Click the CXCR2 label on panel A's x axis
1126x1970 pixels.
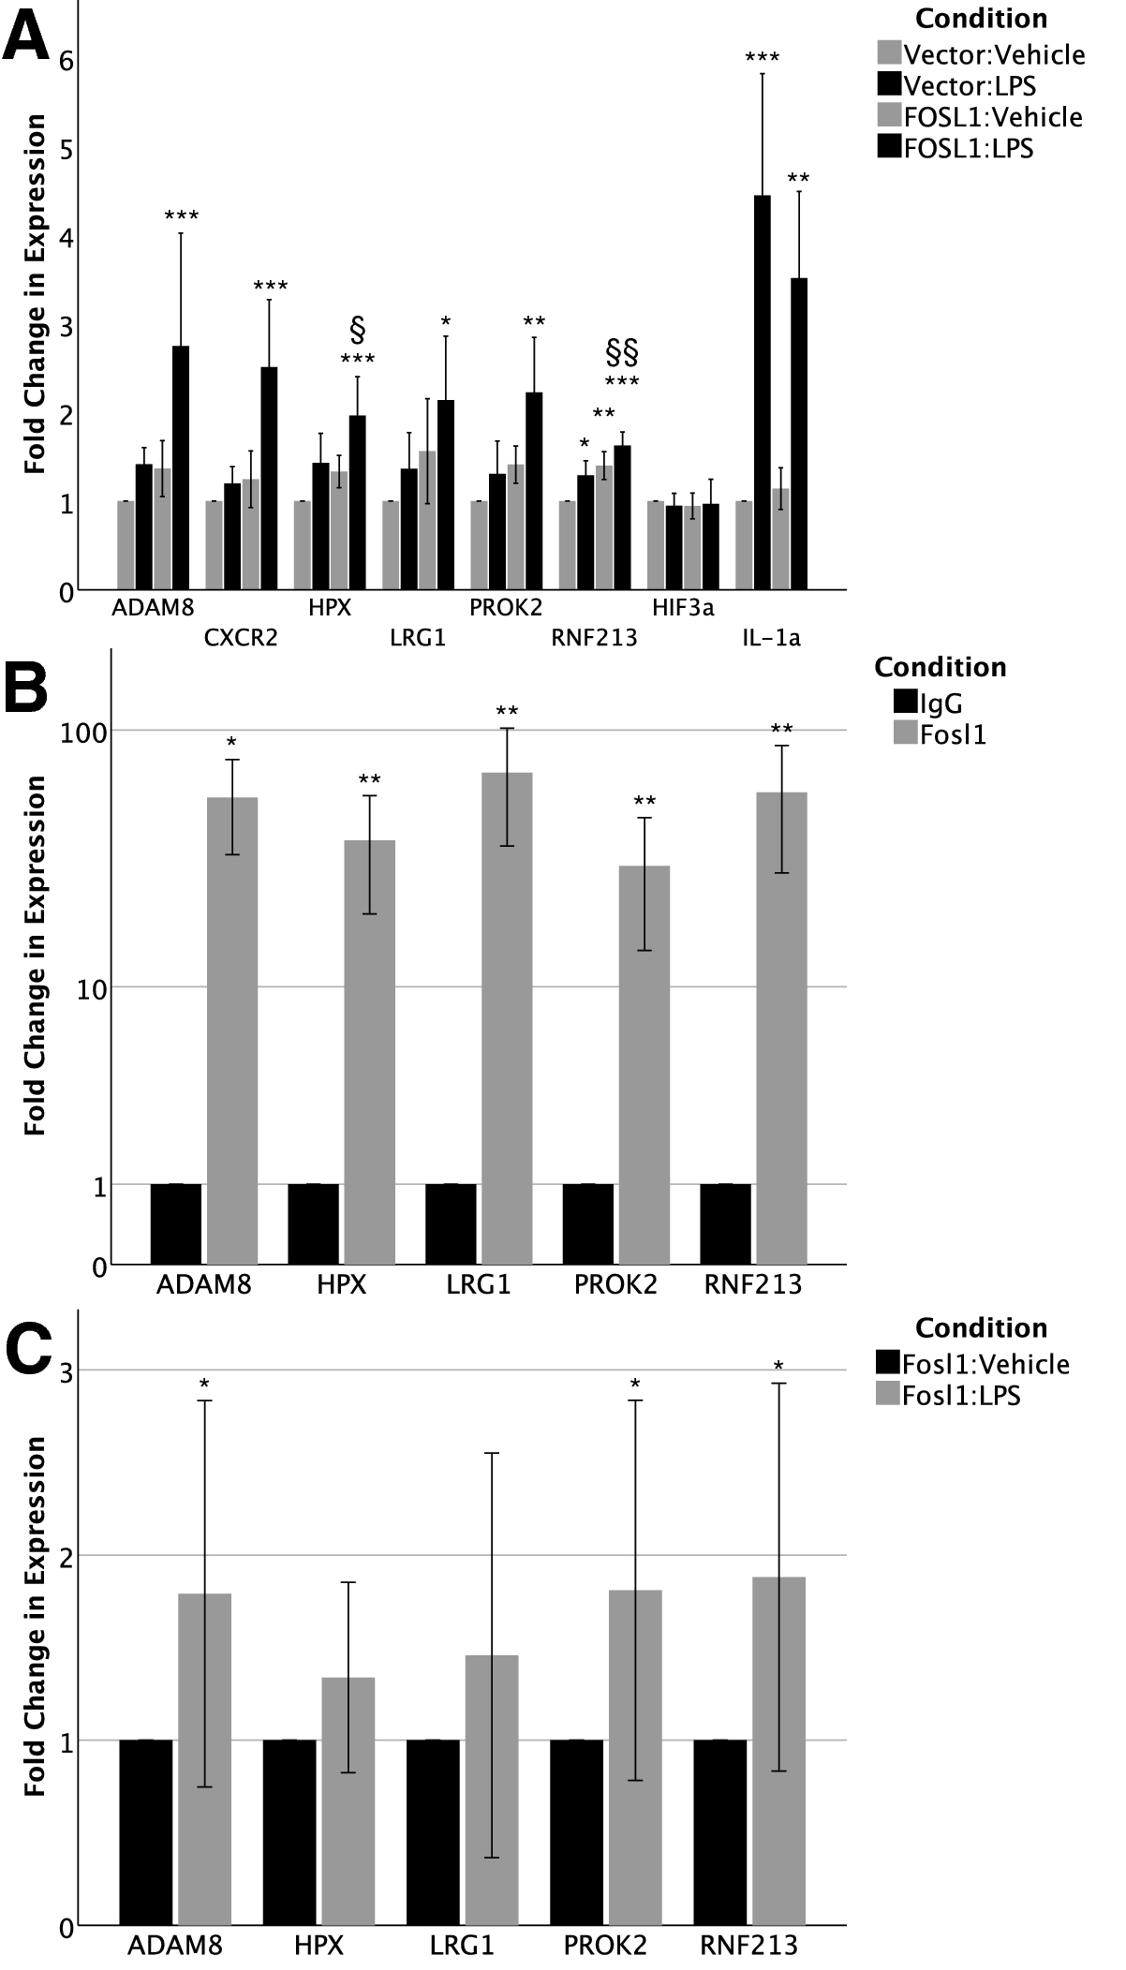tap(241, 639)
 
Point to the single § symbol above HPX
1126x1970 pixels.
tap(357, 330)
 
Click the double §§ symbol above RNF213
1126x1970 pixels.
tap(622, 353)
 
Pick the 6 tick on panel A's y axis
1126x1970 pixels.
tap(67, 61)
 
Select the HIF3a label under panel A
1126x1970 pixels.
tap(683, 608)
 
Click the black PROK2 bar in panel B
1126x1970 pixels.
tap(587, 1223)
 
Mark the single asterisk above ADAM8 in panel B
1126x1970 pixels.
tap(231, 743)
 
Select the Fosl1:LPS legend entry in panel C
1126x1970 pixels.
tap(960, 1395)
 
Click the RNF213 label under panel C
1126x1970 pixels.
tap(749, 1946)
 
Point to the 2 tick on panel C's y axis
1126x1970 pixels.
tap(67, 1556)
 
